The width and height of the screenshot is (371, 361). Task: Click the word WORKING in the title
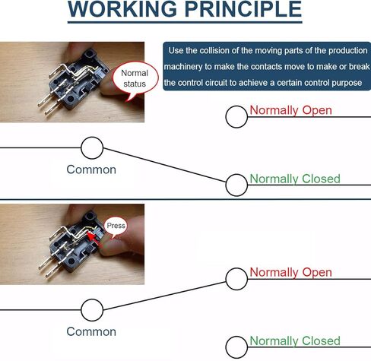[122, 9]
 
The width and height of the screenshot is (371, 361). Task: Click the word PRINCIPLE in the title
[243, 9]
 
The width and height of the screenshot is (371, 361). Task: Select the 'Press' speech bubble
[116, 226]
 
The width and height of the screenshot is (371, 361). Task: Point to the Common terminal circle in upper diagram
[92, 148]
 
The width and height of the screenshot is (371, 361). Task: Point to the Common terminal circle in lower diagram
[92, 310]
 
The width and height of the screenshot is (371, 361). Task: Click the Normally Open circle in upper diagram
[236, 117]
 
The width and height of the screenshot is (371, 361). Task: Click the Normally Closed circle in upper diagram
[236, 185]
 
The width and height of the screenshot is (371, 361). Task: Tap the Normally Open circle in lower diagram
[236, 279]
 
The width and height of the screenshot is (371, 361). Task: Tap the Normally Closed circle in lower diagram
[236, 347]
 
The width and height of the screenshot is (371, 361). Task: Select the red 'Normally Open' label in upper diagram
[290, 110]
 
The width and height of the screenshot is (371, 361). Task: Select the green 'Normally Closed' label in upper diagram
[295, 179]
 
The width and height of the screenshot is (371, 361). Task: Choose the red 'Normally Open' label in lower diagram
[290, 273]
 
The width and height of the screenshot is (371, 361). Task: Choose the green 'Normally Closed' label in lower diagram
[295, 341]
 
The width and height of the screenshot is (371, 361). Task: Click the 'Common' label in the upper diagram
[91, 169]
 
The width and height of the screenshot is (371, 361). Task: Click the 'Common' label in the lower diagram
[91, 331]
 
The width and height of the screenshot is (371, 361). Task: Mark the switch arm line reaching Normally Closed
[164, 165]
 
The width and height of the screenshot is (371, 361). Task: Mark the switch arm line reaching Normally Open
[164, 296]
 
